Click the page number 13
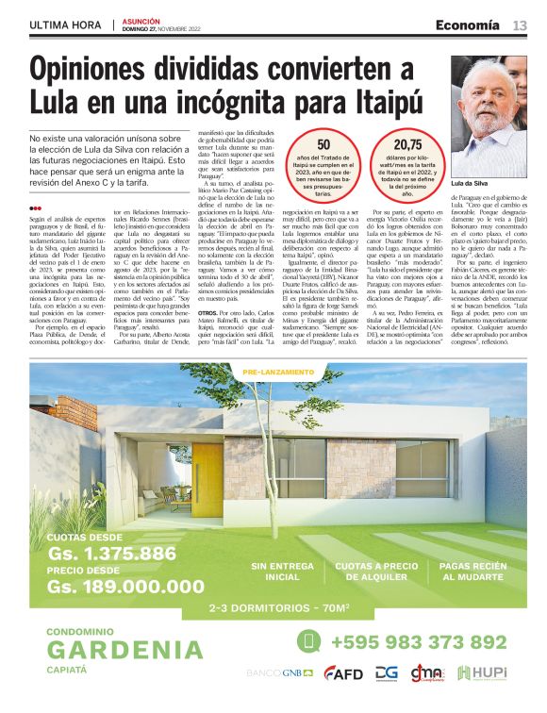[x=520, y=25]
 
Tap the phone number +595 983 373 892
[x=418, y=643]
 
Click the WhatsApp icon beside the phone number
[x=308, y=641]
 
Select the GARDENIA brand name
[x=124, y=650]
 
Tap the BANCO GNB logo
[x=280, y=673]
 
